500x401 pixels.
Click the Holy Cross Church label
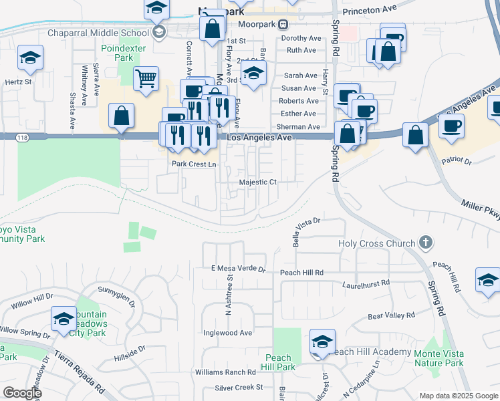[x=377, y=244]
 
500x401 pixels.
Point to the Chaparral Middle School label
[x=98, y=33]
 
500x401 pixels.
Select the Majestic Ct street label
[x=257, y=182]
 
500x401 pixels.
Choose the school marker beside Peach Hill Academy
[x=322, y=342]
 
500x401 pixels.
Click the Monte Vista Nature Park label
[x=439, y=358]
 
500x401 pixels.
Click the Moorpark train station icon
[x=283, y=24]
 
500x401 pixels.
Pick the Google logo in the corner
[x=22, y=393]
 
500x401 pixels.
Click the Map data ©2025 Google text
[x=458, y=396]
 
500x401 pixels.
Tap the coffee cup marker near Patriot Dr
[x=451, y=125]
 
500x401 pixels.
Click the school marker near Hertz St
[x=31, y=58]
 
